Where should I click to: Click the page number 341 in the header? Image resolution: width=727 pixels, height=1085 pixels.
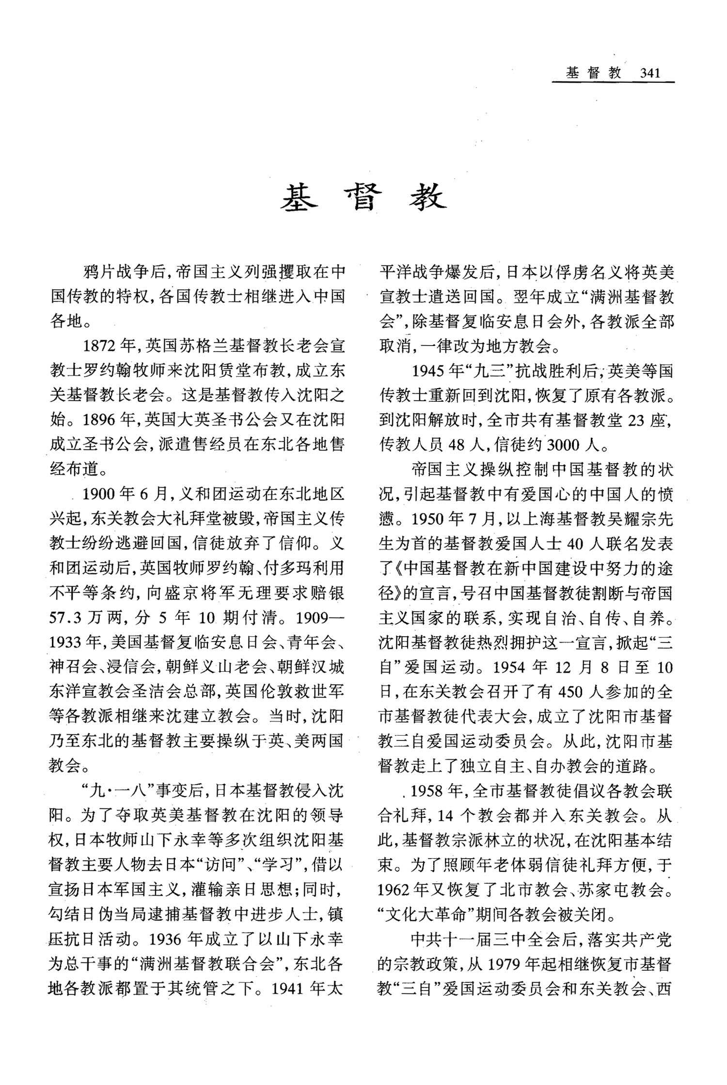tap(650, 74)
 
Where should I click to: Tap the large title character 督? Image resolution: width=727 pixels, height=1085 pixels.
tap(363, 199)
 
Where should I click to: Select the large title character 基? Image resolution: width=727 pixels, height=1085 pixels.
tap(299, 199)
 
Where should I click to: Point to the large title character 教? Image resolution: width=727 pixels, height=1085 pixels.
tap(427, 199)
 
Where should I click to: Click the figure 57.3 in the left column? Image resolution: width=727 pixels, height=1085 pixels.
tap(66, 618)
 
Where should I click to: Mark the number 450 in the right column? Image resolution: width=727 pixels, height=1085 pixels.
tap(571, 692)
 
